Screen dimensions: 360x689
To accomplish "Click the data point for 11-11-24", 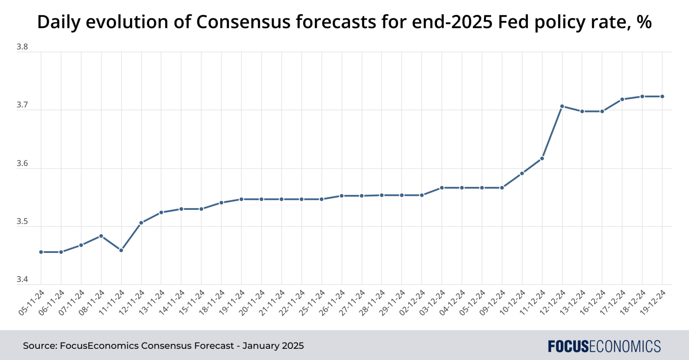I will pos(121,250).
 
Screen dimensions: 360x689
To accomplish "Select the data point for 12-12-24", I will pos(562,106).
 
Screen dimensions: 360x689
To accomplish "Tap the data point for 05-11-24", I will pos(41,252).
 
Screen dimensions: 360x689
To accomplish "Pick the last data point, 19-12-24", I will pos(663,96).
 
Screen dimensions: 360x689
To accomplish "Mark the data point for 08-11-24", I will pos(101,236).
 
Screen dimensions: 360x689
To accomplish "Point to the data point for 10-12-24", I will pos(522,173).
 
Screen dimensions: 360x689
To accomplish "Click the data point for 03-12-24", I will pos(442,187).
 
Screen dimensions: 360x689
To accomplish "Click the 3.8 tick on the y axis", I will pos(22,47).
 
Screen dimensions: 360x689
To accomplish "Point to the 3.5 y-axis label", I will pos(22,222).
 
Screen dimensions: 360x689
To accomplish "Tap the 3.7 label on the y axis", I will pos(22,105).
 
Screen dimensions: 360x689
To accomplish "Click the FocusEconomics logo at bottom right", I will pos(604,346).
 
